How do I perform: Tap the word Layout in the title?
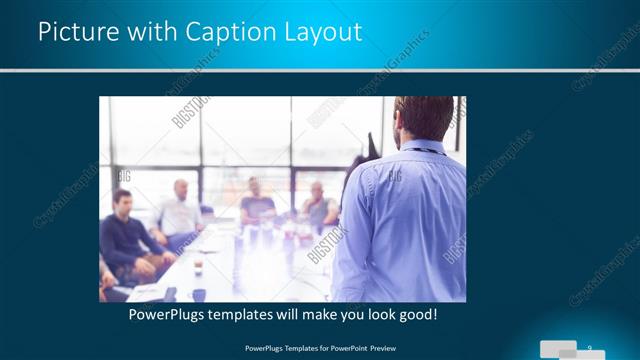(x=323, y=32)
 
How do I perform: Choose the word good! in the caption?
(x=416, y=315)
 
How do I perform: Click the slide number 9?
(x=591, y=344)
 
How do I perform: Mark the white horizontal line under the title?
(x=320, y=70)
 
